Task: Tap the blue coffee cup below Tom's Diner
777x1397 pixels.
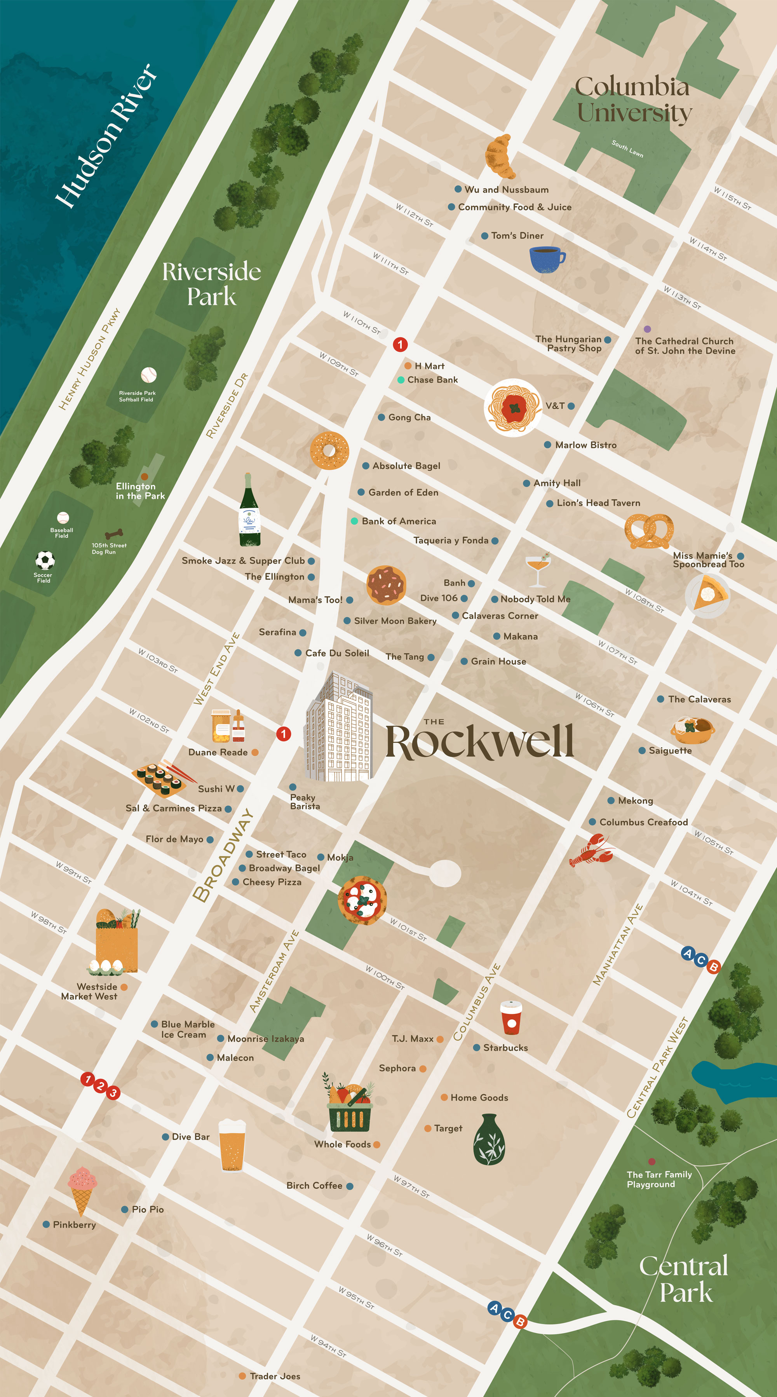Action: [x=547, y=259]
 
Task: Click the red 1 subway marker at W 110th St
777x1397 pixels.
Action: [x=400, y=344]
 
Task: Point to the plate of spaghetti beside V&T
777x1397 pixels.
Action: [x=513, y=407]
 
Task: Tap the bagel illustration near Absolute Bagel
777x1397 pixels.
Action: [x=329, y=450]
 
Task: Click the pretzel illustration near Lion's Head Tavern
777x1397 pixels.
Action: [x=649, y=531]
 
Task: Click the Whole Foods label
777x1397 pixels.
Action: [x=343, y=1144]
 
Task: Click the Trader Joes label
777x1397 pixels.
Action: [x=275, y=1376]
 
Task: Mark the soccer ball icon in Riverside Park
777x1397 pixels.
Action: [x=45, y=560]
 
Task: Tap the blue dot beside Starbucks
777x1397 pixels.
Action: [x=477, y=1048]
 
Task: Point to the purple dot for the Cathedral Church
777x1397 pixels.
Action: [x=647, y=329]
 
